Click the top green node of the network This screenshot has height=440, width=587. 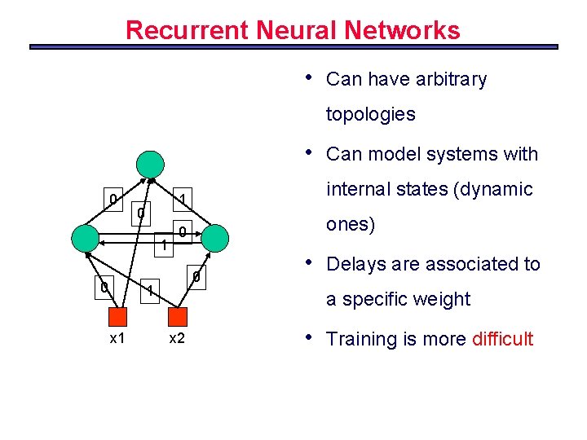(150, 164)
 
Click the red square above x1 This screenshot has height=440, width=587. (117, 317)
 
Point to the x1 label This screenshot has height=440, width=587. (117, 338)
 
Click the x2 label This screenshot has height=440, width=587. (176, 338)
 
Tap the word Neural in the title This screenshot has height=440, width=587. (296, 31)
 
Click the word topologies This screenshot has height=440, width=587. (370, 114)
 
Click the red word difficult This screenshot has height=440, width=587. (502, 339)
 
